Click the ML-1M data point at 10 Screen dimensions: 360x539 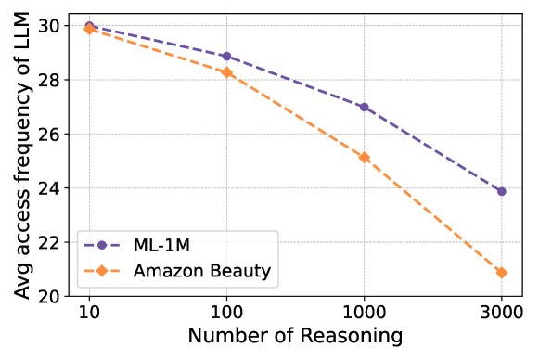click(89, 26)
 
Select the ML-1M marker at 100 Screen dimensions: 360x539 click(226, 56)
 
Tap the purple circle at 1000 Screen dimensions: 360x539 click(364, 107)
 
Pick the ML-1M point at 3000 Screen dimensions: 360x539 click(502, 191)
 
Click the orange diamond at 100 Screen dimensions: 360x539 click(226, 72)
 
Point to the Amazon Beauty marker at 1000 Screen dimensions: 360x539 click(364, 157)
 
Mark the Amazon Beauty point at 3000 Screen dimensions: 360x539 click(502, 273)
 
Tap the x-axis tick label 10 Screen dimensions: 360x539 click(89, 313)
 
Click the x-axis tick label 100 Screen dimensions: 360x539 click(226, 313)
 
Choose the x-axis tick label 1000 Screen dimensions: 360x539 click(364, 313)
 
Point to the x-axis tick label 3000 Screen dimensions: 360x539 click(502, 313)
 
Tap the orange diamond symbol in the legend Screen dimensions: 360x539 click(103, 271)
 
